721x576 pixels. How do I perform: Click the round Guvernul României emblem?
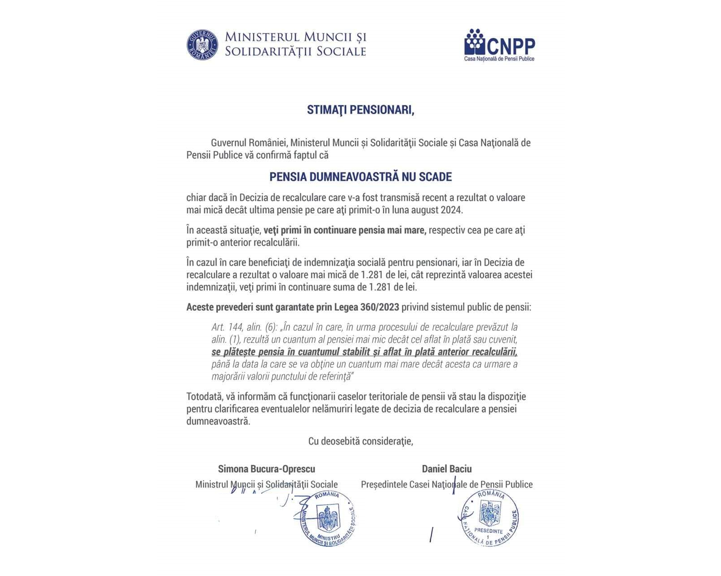coord(202,45)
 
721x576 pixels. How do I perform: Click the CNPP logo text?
coord(511,45)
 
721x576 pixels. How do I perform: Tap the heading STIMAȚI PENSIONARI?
coord(360,110)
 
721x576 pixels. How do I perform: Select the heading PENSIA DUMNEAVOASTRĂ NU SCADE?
coord(360,177)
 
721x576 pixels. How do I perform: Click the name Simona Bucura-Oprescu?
coord(267,469)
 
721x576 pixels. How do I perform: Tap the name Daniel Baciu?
coord(447,469)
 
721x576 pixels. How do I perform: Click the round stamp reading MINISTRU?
coord(328,518)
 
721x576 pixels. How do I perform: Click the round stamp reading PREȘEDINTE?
coord(489,517)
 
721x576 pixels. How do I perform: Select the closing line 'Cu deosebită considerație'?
coord(360,441)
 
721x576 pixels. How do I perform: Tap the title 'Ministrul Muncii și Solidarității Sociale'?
coord(267,485)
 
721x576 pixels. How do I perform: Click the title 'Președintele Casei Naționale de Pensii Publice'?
coord(447,485)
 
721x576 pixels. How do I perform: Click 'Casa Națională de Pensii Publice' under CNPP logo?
coord(499,59)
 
